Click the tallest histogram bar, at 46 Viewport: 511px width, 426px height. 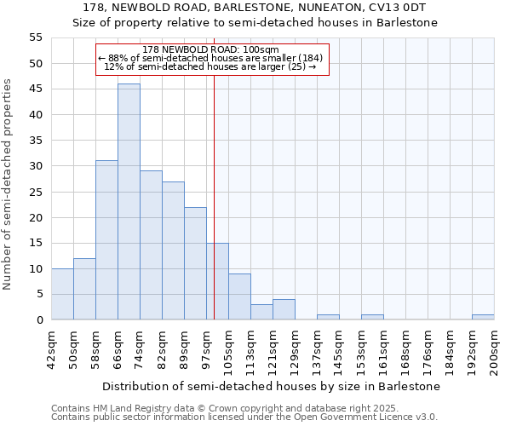[129, 201]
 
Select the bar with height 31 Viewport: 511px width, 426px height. [106, 239]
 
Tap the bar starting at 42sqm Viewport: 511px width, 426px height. [62, 294]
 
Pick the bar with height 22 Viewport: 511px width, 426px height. [195, 262]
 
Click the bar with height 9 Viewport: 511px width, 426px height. [239, 296]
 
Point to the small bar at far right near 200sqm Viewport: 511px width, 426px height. [483, 317]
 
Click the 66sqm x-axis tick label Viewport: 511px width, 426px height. [118, 348]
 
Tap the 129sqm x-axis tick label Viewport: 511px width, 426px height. [296, 350]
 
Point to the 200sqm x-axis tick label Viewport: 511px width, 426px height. [495, 350]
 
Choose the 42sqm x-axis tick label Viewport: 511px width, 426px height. [52, 348]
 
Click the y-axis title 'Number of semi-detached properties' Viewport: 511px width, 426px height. [8, 184]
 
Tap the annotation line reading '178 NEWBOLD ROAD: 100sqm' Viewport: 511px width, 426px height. [211, 50]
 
